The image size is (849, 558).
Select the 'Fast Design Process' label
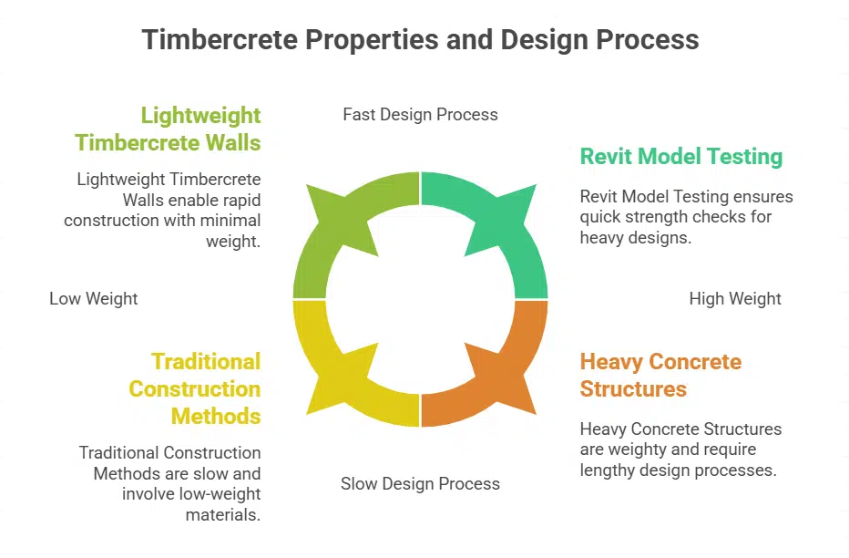click(420, 115)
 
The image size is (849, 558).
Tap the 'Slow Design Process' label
click(420, 483)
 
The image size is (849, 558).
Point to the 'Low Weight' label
click(94, 299)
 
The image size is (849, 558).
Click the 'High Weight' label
click(734, 299)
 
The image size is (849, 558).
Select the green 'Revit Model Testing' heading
click(680, 157)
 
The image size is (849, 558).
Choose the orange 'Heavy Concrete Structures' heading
click(660, 375)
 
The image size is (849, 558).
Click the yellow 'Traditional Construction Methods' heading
click(195, 388)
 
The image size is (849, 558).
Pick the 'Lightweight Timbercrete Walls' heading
click(169, 129)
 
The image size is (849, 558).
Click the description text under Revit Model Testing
click(686, 217)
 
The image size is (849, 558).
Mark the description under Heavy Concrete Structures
click(680, 449)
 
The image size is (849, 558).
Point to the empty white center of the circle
click(420, 299)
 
